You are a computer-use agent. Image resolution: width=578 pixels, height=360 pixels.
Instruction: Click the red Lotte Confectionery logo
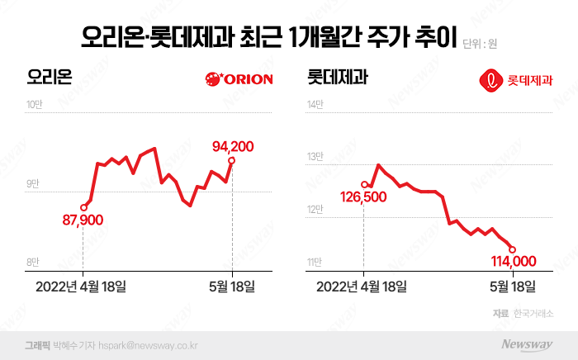coord(517,81)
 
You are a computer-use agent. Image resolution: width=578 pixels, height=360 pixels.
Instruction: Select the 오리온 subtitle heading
coord(50,79)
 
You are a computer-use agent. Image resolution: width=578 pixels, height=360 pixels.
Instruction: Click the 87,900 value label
coord(83,221)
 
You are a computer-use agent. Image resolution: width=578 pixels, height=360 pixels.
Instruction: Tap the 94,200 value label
coord(233,146)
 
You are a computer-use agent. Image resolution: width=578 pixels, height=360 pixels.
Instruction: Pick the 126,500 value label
coord(363,197)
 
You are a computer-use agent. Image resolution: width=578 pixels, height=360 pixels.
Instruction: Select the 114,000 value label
coord(514,261)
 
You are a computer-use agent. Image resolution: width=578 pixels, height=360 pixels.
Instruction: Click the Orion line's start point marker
coord(83,207)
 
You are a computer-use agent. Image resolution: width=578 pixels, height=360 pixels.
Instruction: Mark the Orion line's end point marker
coord(233,160)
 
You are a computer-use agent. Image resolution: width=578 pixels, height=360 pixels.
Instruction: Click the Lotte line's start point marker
coord(364,184)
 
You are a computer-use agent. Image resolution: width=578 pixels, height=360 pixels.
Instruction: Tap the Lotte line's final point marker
coord(513,249)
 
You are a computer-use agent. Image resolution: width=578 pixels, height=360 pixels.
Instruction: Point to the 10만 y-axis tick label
coord(34,105)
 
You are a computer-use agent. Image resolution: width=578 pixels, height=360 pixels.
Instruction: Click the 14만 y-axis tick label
coord(315,105)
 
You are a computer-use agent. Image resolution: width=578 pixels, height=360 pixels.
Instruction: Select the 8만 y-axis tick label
coord(32,263)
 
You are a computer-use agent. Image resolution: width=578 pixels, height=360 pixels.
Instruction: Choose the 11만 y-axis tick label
coord(315,263)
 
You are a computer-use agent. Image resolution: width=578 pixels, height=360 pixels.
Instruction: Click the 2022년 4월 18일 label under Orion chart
coord(83,287)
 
